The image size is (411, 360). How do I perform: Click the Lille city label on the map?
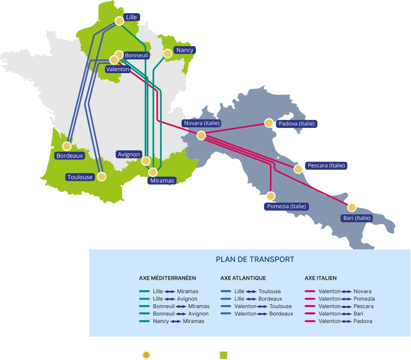pos(131,17)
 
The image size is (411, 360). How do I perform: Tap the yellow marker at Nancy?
pos(167,53)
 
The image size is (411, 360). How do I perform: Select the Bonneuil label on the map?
pos(136,55)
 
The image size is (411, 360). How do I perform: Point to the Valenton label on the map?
pos(118,69)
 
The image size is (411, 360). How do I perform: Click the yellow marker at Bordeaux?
pos(66,146)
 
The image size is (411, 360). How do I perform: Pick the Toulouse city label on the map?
pos(80,177)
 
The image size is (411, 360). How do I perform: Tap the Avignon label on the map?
pos(128,154)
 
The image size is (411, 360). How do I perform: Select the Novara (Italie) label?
pos(201,123)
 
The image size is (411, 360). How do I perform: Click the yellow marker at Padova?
pos(269,123)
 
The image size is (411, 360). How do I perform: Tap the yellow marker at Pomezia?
pos(271,196)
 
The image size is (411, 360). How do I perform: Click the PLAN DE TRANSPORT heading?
pos(255,259)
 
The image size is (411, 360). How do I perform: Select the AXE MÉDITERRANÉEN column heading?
pos(167,278)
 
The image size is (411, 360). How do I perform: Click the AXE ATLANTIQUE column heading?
pos(243,278)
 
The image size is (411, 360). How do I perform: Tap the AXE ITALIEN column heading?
pos(321,278)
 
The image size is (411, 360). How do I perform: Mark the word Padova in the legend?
pos(363,321)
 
